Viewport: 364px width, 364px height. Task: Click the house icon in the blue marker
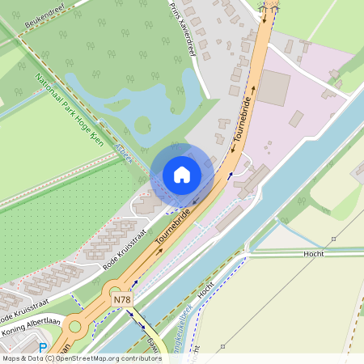click(x=181, y=174)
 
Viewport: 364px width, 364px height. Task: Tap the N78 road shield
click(x=122, y=300)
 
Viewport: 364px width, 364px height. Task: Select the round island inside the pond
click(x=143, y=125)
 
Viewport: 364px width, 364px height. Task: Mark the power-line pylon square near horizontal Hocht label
click(x=333, y=239)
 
